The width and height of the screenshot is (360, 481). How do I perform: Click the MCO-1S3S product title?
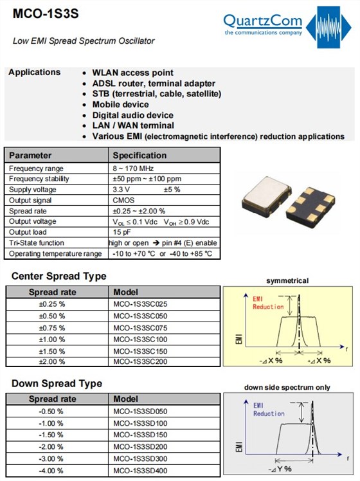(46, 14)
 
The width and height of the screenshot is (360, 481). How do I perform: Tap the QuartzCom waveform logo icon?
(328, 27)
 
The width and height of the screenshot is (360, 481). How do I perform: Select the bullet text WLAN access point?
(133, 73)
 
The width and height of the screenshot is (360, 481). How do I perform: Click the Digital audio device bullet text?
(133, 115)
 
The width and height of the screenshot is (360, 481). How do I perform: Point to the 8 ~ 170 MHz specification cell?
(133, 168)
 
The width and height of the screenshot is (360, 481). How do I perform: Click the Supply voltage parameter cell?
(33, 190)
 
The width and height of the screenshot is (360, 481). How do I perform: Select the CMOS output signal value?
(123, 201)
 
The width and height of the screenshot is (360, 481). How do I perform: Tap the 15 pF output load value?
(122, 232)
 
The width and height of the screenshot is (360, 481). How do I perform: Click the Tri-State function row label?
(37, 243)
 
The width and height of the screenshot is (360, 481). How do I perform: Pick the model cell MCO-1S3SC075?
(140, 328)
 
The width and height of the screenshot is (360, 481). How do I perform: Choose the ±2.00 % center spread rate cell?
(52, 361)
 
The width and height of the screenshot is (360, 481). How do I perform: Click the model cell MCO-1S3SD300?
(140, 458)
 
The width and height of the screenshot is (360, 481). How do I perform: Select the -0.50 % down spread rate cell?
(51, 412)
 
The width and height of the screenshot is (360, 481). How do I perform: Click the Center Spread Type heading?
(59, 276)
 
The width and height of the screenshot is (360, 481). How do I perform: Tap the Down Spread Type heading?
(57, 383)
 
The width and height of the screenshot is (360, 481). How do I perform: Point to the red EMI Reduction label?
(268, 303)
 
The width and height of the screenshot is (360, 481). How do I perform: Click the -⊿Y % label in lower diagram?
(280, 469)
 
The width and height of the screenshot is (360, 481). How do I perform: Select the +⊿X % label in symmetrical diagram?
(319, 361)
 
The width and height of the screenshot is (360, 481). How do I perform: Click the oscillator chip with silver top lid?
(266, 197)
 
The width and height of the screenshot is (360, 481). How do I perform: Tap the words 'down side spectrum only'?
(287, 388)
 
